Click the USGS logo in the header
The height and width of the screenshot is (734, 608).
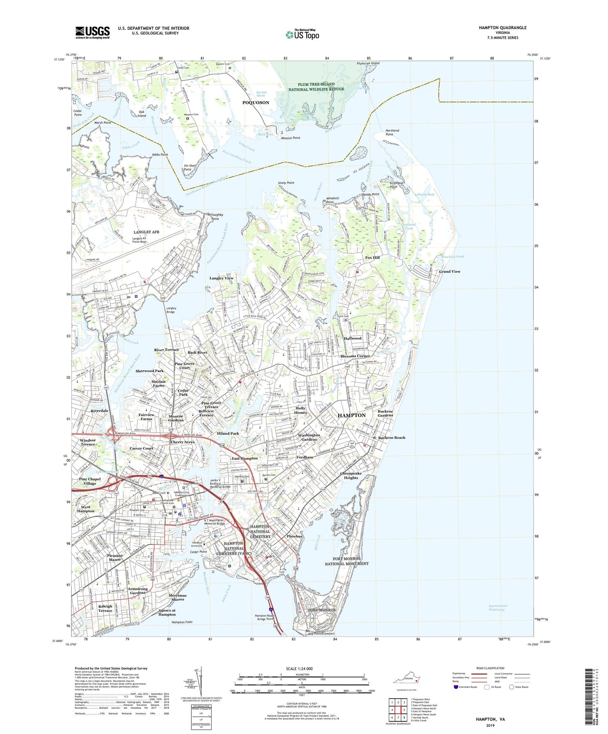[93, 32]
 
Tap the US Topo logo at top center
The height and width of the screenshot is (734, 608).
[302, 34]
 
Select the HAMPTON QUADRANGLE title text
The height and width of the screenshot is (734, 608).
[502, 28]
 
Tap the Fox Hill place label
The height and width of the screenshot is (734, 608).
[372, 258]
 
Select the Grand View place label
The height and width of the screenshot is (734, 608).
[449, 272]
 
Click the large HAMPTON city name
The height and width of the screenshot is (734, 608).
[352, 415]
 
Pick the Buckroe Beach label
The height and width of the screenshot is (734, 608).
[391, 438]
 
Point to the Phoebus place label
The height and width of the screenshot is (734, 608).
[295, 536]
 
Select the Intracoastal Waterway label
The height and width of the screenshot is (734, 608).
[498, 607]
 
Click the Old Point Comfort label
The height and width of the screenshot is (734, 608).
[321, 633]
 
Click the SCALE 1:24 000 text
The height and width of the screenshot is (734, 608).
[299, 669]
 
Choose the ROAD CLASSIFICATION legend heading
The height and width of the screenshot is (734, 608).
[490, 668]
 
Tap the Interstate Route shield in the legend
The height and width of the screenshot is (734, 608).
[456, 687]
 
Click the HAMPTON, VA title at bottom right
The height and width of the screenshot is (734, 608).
[490, 719]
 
